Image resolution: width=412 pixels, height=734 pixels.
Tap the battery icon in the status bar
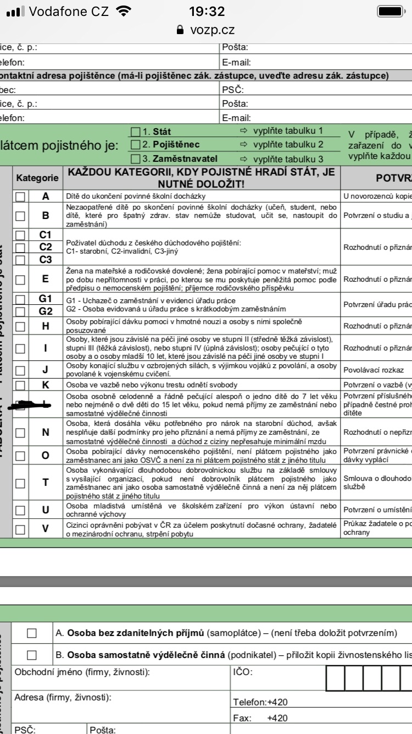[x=391, y=12]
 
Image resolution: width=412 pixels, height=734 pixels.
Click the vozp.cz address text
[x=212, y=31]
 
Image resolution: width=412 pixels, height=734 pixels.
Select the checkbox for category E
[x=20, y=278]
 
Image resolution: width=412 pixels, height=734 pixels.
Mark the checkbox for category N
[x=20, y=432]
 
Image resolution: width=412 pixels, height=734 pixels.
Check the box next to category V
[x=20, y=529]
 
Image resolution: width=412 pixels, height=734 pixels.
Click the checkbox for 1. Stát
[x=136, y=132]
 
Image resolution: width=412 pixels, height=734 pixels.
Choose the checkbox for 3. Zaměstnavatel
[x=136, y=158]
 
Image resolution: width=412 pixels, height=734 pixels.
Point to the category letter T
[x=46, y=483]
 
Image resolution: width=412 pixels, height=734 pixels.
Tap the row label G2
[x=46, y=310]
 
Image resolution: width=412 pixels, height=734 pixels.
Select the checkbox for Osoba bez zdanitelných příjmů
[x=31, y=633]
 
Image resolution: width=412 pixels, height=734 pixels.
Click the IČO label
[x=242, y=672]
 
